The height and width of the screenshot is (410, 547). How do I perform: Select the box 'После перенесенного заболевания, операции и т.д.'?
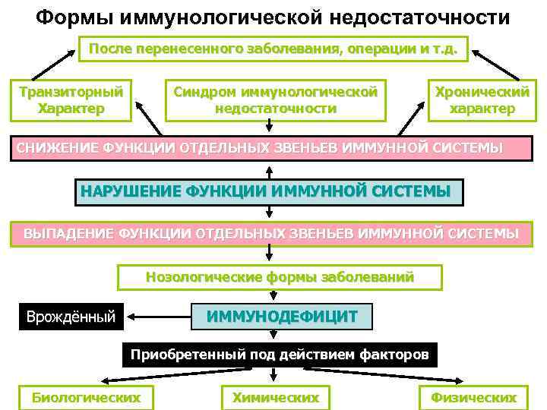(273, 49)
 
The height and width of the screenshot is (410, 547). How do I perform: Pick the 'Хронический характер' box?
(482, 99)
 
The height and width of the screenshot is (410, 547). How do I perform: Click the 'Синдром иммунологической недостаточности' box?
(275, 99)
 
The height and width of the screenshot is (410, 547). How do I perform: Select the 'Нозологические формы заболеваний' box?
(280, 276)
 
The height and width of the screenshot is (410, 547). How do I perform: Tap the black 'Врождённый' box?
(71, 314)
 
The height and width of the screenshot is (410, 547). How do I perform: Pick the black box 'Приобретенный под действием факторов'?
(280, 355)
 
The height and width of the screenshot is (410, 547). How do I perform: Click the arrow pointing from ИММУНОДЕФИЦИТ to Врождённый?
(160, 314)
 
